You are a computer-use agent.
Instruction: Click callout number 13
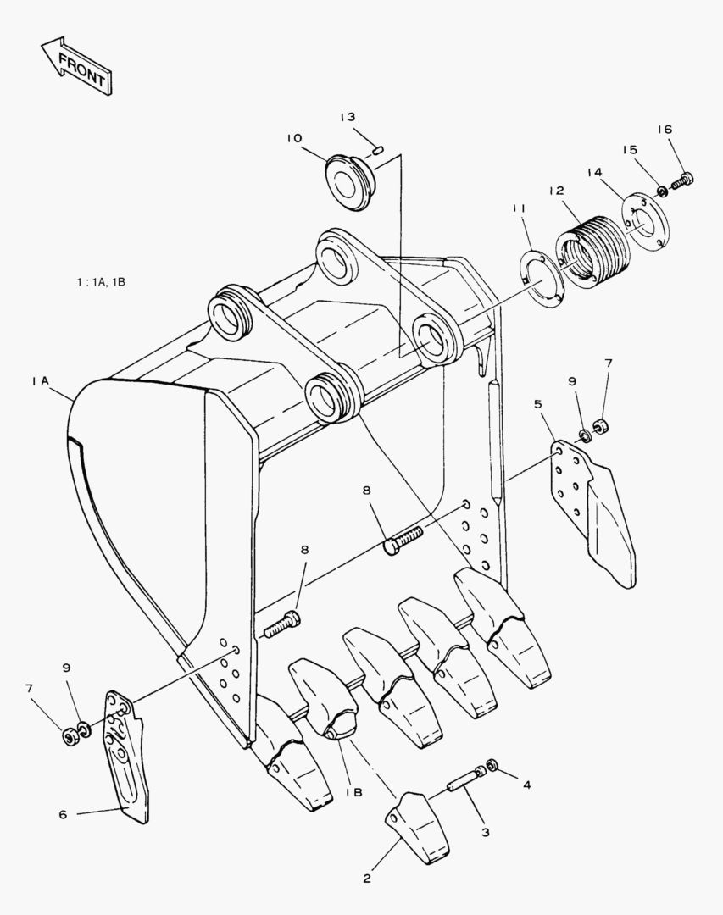coord(348,117)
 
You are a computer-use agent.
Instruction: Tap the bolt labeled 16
coord(682,180)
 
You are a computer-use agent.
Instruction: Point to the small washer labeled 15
coord(662,191)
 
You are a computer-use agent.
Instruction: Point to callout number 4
coord(526,785)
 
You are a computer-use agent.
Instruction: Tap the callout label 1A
coord(39,382)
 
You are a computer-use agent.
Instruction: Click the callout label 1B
coord(353,791)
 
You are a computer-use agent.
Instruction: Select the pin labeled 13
coord(378,150)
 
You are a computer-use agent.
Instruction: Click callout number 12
coord(556,191)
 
